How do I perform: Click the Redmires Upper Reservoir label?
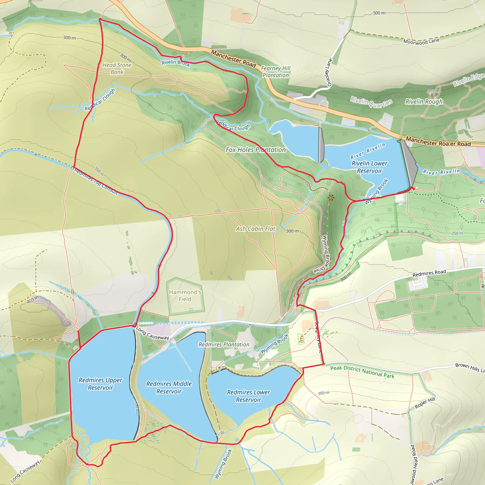tap(100, 384)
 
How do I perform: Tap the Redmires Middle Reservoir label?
tap(169, 387)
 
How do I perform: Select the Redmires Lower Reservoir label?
tap(248, 396)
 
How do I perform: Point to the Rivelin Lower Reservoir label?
tap(369, 167)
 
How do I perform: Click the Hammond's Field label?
tap(185, 296)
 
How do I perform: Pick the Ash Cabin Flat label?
tap(256, 229)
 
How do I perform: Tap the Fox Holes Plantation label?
tap(256, 150)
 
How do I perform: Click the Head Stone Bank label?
tap(117, 68)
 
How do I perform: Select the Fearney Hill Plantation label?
tap(276, 72)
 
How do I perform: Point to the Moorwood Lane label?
tap(421, 41)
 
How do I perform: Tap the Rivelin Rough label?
tap(424, 102)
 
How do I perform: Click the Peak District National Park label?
tap(362, 372)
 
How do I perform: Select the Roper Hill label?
tap(425, 403)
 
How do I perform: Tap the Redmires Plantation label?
tap(224, 345)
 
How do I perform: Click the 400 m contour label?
tap(33, 300)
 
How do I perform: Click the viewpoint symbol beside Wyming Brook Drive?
tap(331, 198)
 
